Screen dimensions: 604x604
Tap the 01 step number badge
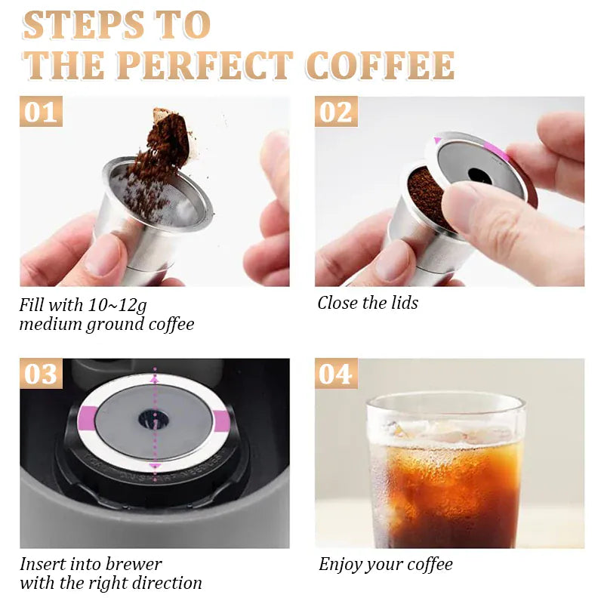point(41,112)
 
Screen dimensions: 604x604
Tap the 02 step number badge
point(336,112)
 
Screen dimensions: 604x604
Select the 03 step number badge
point(41,374)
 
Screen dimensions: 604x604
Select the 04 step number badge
point(336,374)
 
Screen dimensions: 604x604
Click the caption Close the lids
point(368,303)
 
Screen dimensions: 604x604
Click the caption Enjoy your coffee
point(385,564)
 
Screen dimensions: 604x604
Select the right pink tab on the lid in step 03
point(221,420)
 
